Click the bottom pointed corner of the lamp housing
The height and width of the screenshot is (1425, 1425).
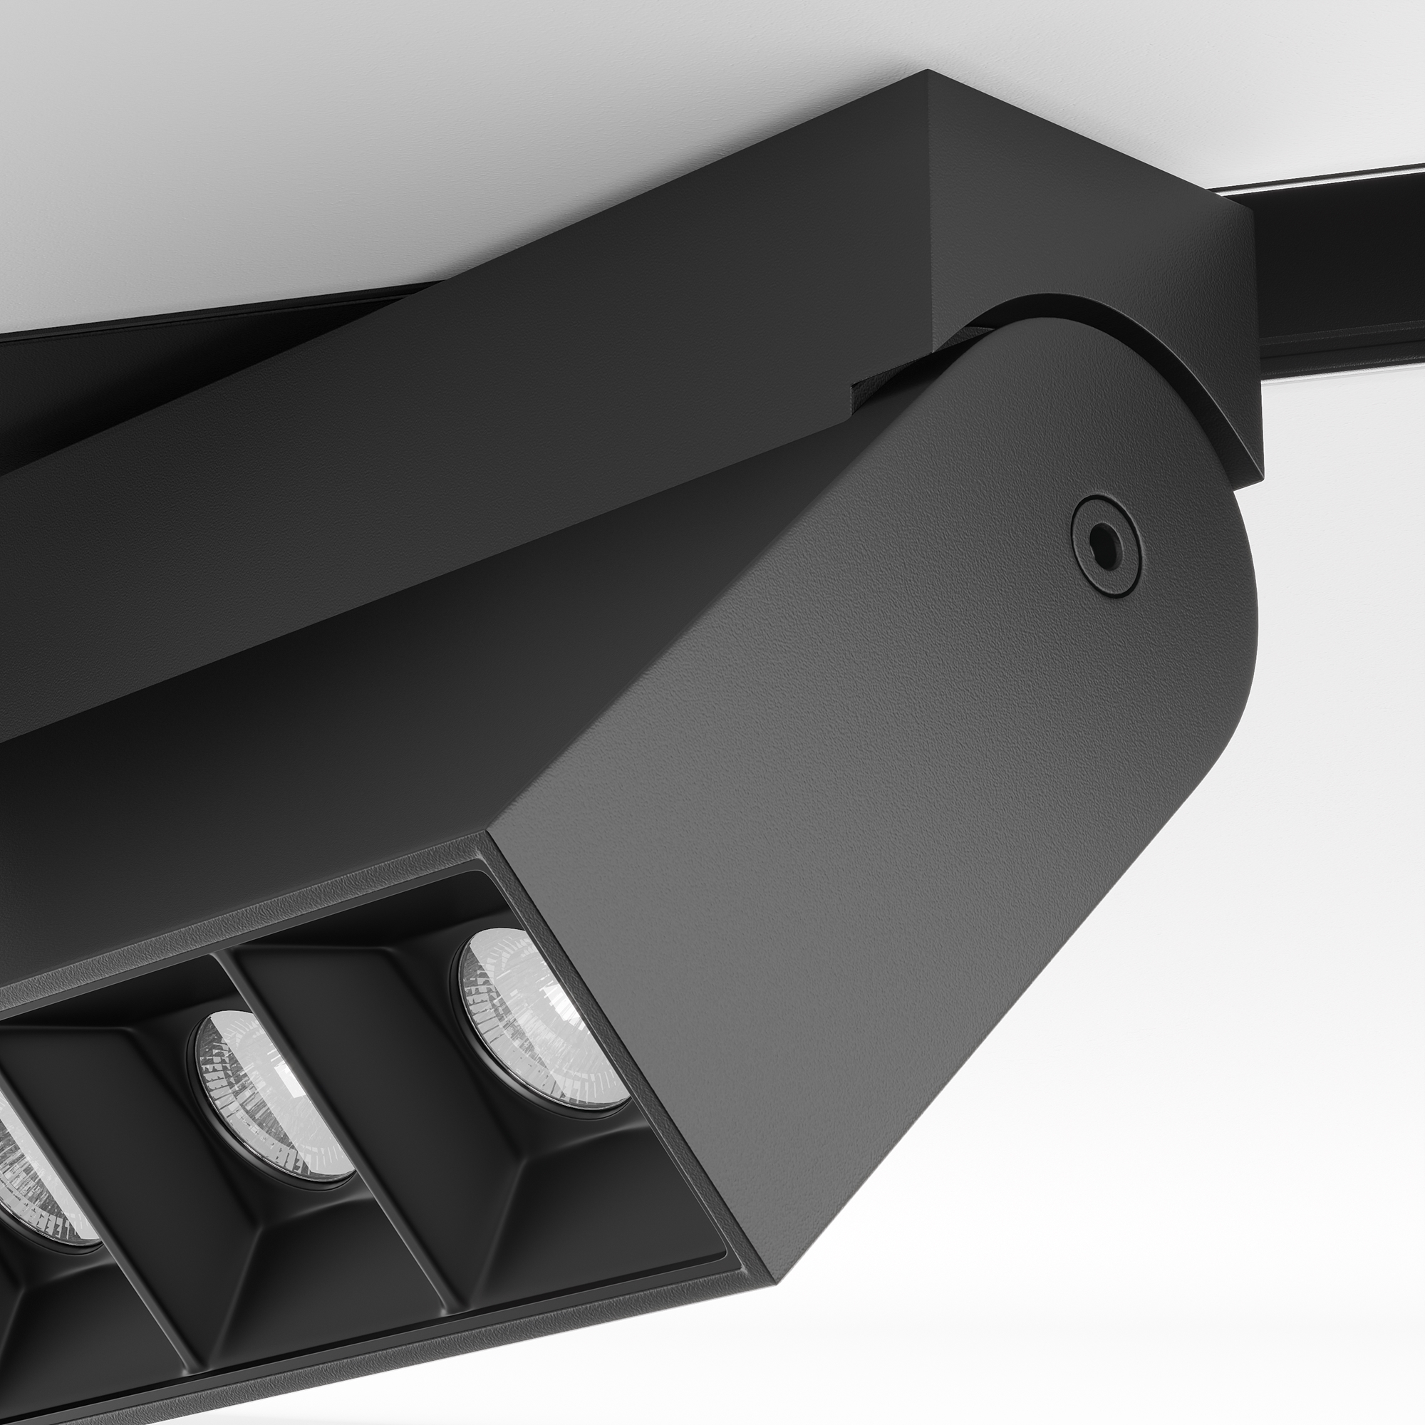click(774, 1283)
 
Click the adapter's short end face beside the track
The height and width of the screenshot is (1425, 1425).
click(1092, 222)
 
